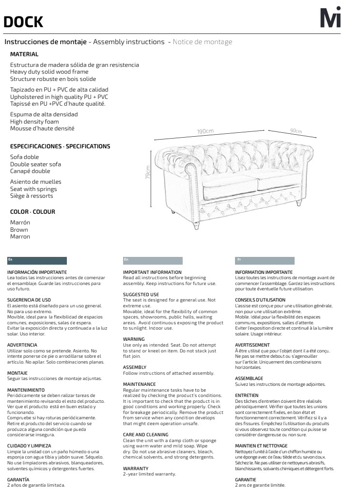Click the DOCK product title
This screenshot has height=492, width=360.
[x=23, y=22]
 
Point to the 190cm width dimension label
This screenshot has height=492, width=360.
[x=205, y=131]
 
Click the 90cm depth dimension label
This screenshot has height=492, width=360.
[x=296, y=131]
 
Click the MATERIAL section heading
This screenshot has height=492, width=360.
[x=24, y=54]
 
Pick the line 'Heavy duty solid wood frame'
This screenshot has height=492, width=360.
[x=49, y=72]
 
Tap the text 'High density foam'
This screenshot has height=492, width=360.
[x=34, y=122]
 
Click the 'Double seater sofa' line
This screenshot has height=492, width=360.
[x=35, y=164]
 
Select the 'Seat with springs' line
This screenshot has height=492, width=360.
[x=33, y=189]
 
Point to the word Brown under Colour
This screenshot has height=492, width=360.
[x=19, y=230]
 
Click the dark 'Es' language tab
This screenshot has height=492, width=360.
[x=37, y=260]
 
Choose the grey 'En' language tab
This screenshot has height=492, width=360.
[x=153, y=260]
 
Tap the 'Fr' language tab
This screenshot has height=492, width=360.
[x=265, y=260]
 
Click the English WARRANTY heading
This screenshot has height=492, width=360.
[x=136, y=469]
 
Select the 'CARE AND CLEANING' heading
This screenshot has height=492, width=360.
[x=146, y=435]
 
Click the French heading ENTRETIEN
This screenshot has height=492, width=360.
[x=247, y=396]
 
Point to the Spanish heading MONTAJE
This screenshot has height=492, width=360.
[x=17, y=373]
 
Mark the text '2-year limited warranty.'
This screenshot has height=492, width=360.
[x=149, y=474]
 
